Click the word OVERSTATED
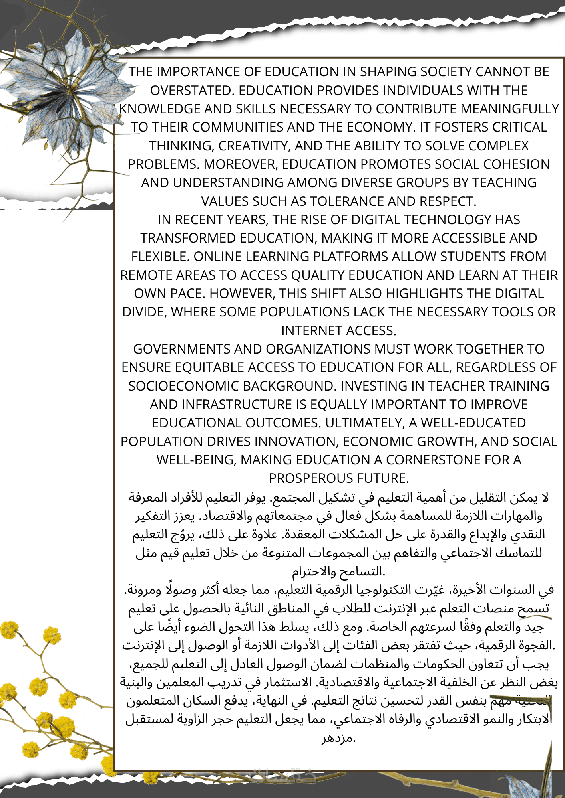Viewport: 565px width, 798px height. (x=192, y=91)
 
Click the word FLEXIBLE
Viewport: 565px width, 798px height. (x=160, y=257)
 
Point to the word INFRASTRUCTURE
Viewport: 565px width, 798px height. (x=237, y=405)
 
